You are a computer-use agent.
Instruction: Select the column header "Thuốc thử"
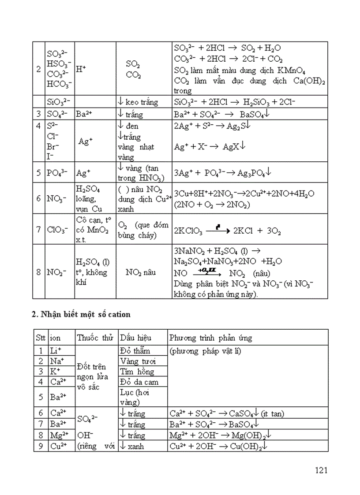95,338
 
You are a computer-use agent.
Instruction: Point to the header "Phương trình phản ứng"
210,338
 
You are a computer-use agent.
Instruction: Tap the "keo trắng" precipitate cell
138,102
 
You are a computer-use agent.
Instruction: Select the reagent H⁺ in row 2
81,68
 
